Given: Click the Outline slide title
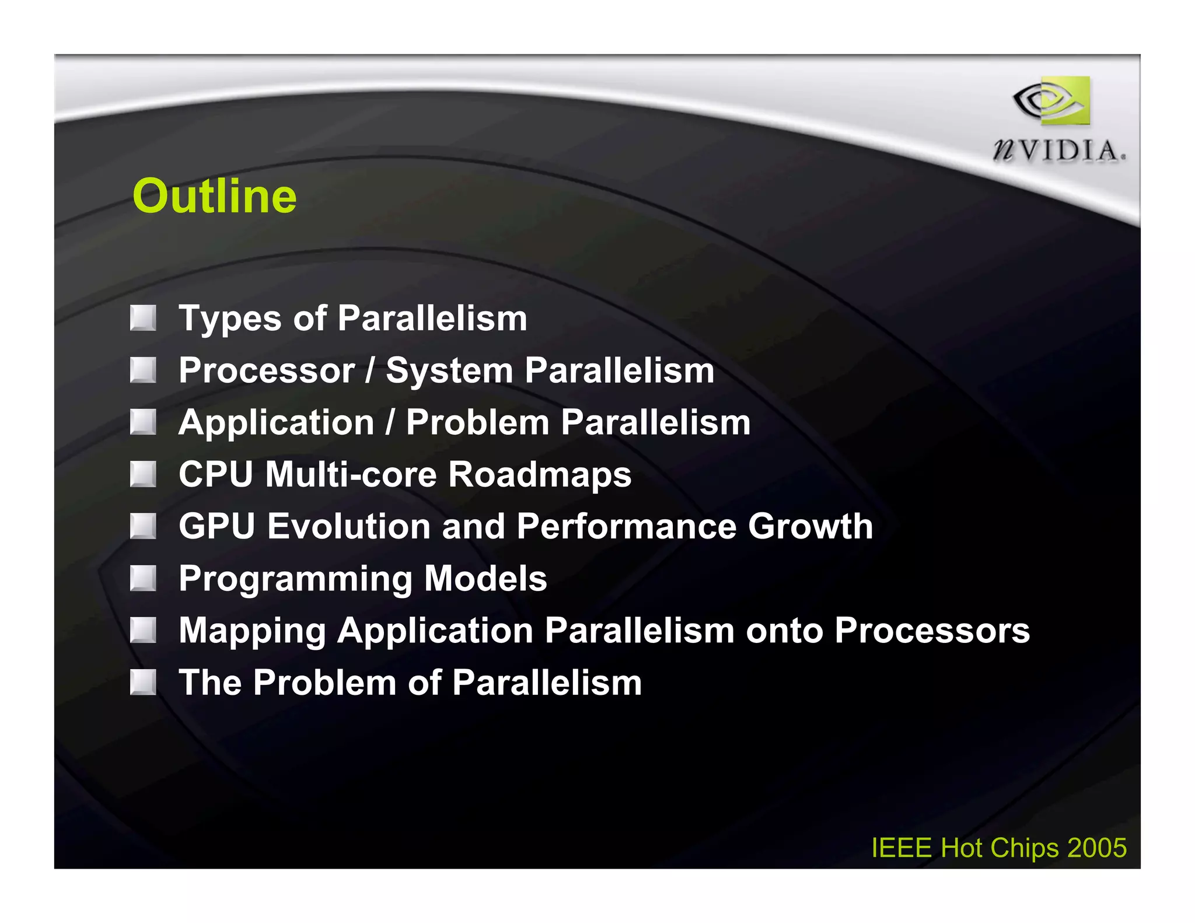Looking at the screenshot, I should [x=214, y=196].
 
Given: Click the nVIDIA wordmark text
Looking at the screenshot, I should [x=1059, y=151].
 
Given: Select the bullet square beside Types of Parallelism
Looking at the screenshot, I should [x=143, y=318].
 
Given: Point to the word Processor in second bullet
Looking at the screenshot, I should [x=267, y=370].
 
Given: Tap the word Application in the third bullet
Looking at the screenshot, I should [x=276, y=423].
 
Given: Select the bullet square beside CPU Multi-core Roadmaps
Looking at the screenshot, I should [x=143, y=474].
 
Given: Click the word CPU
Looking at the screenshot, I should [x=216, y=474].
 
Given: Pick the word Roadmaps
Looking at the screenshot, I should [x=540, y=475].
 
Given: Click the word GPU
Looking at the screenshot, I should [x=216, y=526].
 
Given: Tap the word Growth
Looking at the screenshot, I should [x=810, y=526].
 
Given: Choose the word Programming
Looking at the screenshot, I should [x=296, y=579].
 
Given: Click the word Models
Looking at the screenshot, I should [x=485, y=578].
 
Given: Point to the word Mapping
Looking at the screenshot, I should [x=252, y=631].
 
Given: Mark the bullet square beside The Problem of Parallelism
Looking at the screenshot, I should [x=143, y=682].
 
